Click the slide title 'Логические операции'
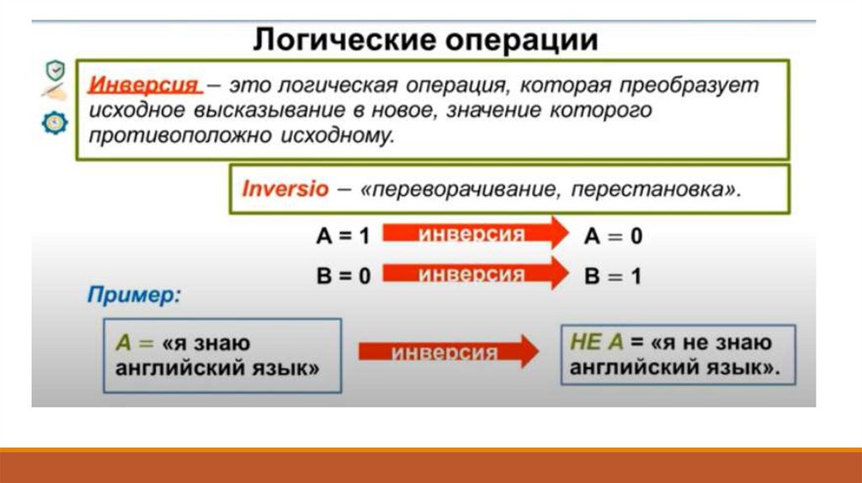[x=426, y=40]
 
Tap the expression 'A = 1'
[x=342, y=236]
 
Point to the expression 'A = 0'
[x=613, y=236]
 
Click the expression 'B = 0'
[x=342, y=276]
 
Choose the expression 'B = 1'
[x=613, y=276]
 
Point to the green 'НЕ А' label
[x=595, y=342]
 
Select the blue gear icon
[x=54, y=123]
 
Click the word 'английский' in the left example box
[x=184, y=368]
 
